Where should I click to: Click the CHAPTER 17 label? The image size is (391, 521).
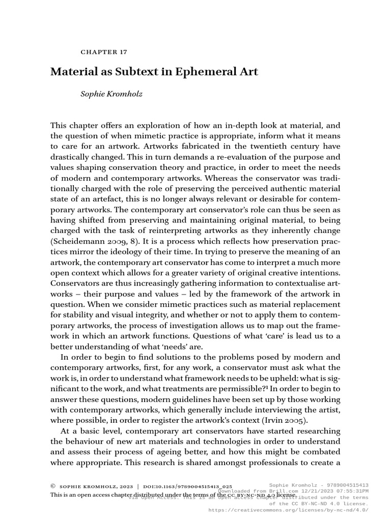(x=104, y=52)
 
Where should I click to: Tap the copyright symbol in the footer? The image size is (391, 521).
(x=53, y=486)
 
